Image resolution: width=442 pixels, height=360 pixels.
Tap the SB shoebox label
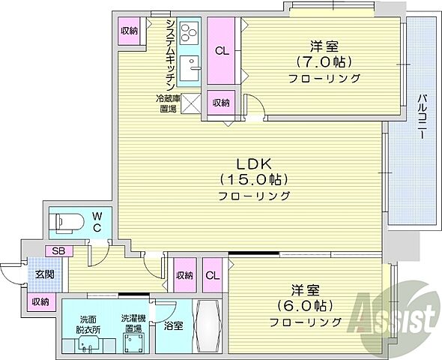click(x=57, y=251)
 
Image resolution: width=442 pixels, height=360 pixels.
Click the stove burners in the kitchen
click(x=189, y=31)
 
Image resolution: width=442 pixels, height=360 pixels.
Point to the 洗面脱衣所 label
click(x=83, y=322)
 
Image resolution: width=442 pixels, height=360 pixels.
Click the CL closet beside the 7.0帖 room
click(x=222, y=51)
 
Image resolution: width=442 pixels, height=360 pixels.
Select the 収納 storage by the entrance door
click(x=40, y=301)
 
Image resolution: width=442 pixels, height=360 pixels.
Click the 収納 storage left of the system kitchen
click(x=129, y=31)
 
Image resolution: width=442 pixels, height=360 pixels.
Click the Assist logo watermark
click(x=398, y=311)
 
